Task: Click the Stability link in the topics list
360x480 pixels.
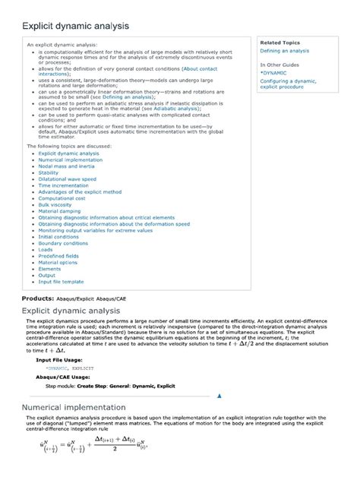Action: click(x=48, y=172)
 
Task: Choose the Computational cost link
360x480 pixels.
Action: click(x=60, y=197)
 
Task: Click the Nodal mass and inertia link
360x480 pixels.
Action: click(x=67, y=166)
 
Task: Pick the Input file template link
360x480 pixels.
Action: click(x=62, y=281)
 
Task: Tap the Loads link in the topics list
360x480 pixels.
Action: click(x=46, y=249)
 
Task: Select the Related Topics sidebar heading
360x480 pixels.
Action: click(x=279, y=43)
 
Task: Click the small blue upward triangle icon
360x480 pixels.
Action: click(x=219, y=396)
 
